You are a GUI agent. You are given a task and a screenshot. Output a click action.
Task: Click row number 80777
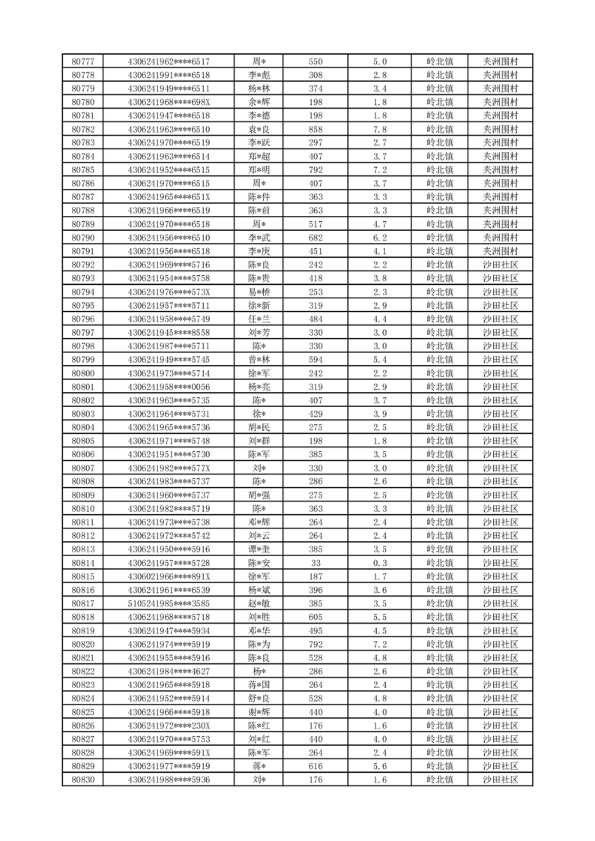(82, 61)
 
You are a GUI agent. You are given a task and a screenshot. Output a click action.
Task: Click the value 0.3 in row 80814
(379, 563)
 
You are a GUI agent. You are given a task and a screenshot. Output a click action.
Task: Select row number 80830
(82, 780)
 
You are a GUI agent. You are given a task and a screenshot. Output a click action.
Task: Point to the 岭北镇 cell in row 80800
(439, 373)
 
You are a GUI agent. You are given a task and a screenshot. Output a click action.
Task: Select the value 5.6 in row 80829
(379, 766)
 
